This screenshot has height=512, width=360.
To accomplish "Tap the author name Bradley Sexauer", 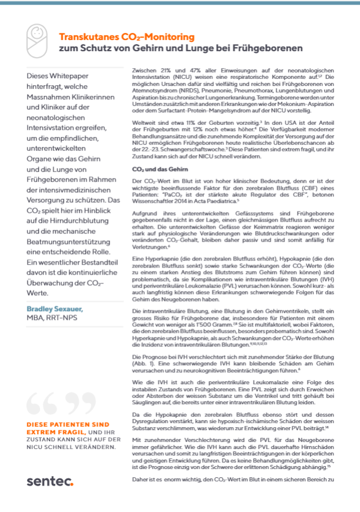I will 54,292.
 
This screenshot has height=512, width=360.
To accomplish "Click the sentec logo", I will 50,481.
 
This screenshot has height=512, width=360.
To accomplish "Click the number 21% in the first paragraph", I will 170,69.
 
